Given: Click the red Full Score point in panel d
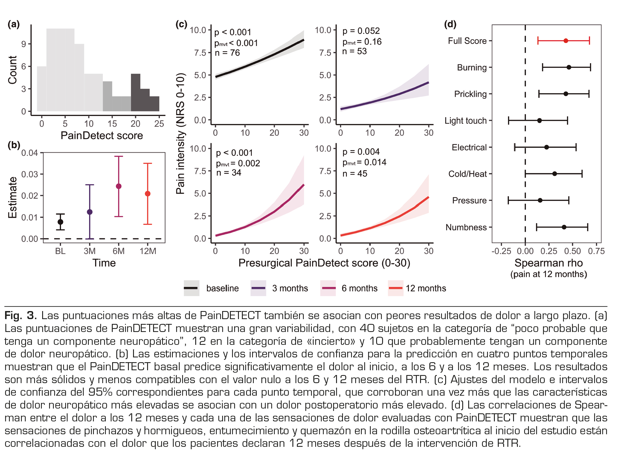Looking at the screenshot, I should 565,41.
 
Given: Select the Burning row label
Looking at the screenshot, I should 472,68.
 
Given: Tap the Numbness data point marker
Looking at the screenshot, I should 564,227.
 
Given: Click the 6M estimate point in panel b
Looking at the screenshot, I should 118,186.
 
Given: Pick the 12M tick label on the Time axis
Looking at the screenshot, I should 148,251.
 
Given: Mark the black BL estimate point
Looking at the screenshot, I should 60,222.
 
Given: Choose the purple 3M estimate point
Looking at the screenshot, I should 89,212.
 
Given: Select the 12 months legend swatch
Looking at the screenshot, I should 395,288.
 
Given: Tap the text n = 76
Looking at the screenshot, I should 227,53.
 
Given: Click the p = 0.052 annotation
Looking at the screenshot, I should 361,31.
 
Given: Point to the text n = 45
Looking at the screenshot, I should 355,173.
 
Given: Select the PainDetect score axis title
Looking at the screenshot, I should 102,135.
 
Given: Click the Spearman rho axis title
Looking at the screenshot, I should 548,263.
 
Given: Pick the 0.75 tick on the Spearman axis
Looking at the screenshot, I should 596,251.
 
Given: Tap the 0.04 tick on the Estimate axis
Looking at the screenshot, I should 30,153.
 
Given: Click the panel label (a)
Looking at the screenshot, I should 14,24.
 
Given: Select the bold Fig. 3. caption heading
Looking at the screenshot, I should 21,316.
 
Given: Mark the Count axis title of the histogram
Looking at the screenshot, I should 13,70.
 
